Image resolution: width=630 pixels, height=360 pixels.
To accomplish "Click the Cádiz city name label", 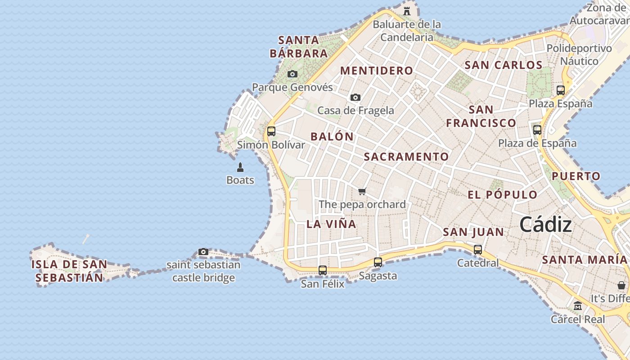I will [x=545, y=225].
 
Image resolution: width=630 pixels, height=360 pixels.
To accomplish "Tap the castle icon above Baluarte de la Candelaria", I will [x=407, y=11].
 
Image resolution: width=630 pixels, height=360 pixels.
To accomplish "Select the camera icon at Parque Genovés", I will [x=292, y=74].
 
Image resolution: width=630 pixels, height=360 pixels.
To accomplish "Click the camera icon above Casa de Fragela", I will [x=355, y=97].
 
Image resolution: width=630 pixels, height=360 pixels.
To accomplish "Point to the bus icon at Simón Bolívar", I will [x=271, y=131].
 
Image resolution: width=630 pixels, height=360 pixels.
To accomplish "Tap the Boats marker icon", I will [x=240, y=167].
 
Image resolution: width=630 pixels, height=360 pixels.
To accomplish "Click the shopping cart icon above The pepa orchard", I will [x=362, y=191].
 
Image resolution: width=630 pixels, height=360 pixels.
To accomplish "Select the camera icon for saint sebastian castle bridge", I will [x=203, y=252].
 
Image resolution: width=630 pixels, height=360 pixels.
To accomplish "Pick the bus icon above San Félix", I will [x=323, y=270].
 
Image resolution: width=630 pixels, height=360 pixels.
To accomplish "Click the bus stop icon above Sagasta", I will [x=378, y=262].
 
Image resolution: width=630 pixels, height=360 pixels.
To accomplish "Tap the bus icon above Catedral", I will [x=478, y=249].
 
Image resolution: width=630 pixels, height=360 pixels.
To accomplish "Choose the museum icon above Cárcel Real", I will [x=578, y=306].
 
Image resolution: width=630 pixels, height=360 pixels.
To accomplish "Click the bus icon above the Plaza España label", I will [x=561, y=90].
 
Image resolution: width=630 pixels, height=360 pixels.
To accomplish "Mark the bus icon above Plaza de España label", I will [x=537, y=130].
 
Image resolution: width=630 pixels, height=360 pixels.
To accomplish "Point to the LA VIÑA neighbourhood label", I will [x=331, y=224].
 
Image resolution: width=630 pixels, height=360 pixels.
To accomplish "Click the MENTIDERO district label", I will [x=377, y=71].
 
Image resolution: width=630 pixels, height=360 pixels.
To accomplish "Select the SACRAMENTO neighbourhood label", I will [x=406, y=157].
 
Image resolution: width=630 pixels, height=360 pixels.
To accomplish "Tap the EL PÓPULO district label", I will [x=503, y=195].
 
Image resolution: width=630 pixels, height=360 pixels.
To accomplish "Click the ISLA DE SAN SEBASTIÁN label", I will [x=69, y=271].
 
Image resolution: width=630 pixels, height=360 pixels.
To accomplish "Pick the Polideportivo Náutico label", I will [x=579, y=54].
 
